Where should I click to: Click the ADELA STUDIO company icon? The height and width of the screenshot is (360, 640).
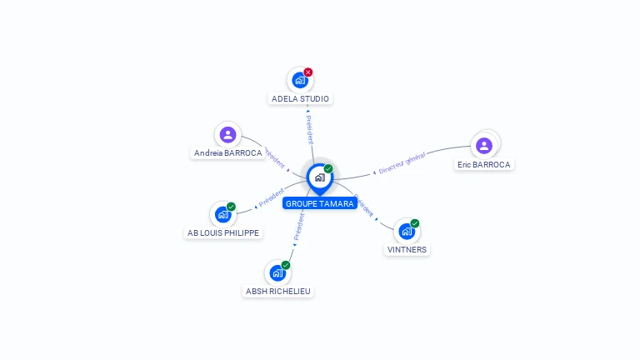(300, 81)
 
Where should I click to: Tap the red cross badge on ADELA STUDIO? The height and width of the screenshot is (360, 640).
(308, 72)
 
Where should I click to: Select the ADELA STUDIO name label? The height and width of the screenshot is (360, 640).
(301, 98)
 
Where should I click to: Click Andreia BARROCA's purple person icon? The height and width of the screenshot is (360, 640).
(227, 135)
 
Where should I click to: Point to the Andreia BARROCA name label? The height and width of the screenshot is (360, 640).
(227, 153)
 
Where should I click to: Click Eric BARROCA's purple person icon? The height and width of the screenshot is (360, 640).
(484, 146)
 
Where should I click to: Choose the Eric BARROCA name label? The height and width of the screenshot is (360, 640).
(484, 165)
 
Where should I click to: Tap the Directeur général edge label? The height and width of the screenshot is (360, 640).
(402, 163)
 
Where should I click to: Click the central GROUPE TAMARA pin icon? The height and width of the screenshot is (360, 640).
(319, 177)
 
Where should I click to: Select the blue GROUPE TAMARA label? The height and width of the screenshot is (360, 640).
(320, 203)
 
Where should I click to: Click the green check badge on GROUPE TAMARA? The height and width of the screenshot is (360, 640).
(328, 168)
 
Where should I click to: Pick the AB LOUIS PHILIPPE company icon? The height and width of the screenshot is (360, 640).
(222, 214)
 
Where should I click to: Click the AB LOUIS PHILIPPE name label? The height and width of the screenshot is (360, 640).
(222, 232)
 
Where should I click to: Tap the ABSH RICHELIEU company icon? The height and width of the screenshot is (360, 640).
(277, 272)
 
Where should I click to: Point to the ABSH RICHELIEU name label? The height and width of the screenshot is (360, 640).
(278, 291)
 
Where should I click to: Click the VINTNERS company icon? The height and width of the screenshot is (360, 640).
(407, 231)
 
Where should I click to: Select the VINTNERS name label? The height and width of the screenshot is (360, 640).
(407, 249)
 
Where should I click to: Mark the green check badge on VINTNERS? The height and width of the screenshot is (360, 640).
(415, 223)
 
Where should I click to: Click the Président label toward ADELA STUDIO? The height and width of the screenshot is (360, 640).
(309, 130)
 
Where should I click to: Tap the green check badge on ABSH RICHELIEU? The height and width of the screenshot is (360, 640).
(286, 265)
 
